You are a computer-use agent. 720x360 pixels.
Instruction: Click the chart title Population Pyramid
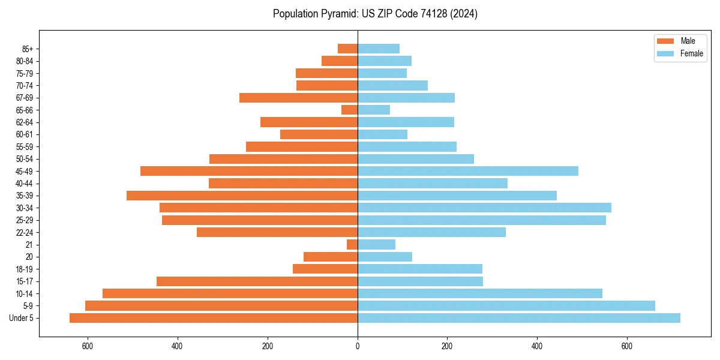click(x=375, y=14)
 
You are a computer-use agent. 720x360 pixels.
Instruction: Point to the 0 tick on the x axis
click(x=358, y=346)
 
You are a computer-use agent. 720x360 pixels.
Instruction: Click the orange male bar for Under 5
click(x=214, y=318)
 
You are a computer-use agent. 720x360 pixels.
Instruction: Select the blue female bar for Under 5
click(x=519, y=318)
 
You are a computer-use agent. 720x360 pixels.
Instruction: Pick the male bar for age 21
click(x=352, y=245)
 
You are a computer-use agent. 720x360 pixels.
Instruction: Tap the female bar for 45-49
click(x=468, y=171)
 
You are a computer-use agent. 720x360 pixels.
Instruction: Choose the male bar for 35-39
click(x=242, y=196)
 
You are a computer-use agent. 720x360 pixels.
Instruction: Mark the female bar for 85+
click(x=379, y=49)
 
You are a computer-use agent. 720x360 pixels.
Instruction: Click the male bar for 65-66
click(x=350, y=110)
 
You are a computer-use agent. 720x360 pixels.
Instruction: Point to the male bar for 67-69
click(x=299, y=98)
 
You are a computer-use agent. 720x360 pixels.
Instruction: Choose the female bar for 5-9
click(x=506, y=305)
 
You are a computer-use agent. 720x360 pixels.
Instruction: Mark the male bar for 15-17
click(x=257, y=281)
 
